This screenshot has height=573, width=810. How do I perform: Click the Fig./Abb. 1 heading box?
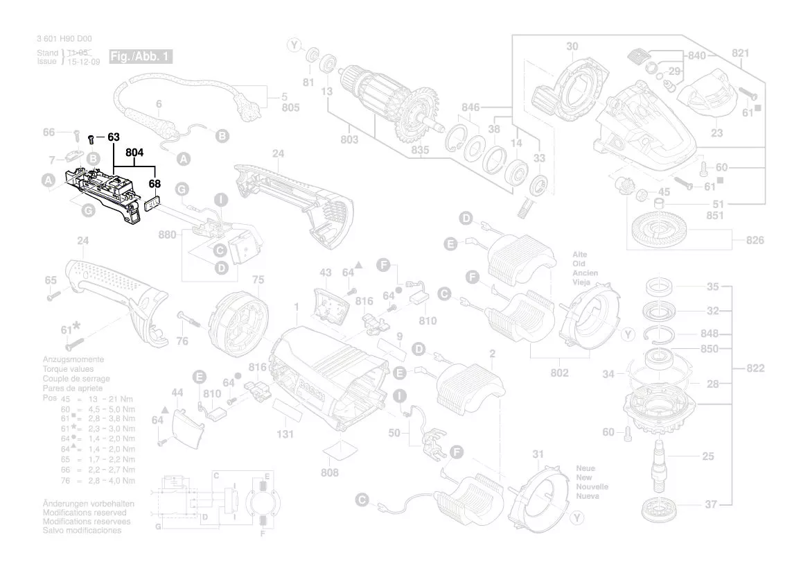pyautogui.click(x=141, y=56)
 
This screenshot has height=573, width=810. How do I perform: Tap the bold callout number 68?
pyautogui.click(x=154, y=185)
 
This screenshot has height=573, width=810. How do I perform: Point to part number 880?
pyautogui.click(x=167, y=235)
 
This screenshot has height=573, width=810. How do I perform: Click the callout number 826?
pyautogui.click(x=755, y=240)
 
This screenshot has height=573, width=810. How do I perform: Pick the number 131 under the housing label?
pyautogui.click(x=285, y=434)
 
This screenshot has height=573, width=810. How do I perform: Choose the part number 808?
pyautogui.click(x=330, y=472)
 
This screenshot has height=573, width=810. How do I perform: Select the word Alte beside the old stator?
pyautogui.click(x=580, y=255)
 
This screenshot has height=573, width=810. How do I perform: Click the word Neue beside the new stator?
pyautogui.click(x=586, y=468)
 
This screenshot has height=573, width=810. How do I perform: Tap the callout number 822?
pyautogui.click(x=755, y=368)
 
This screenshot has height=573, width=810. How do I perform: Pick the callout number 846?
pyautogui.click(x=470, y=108)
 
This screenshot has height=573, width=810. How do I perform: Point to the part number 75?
pyautogui.click(x=258, y=280)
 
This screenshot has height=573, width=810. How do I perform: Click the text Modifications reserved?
pyautogui.click(x=85, y=512)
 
